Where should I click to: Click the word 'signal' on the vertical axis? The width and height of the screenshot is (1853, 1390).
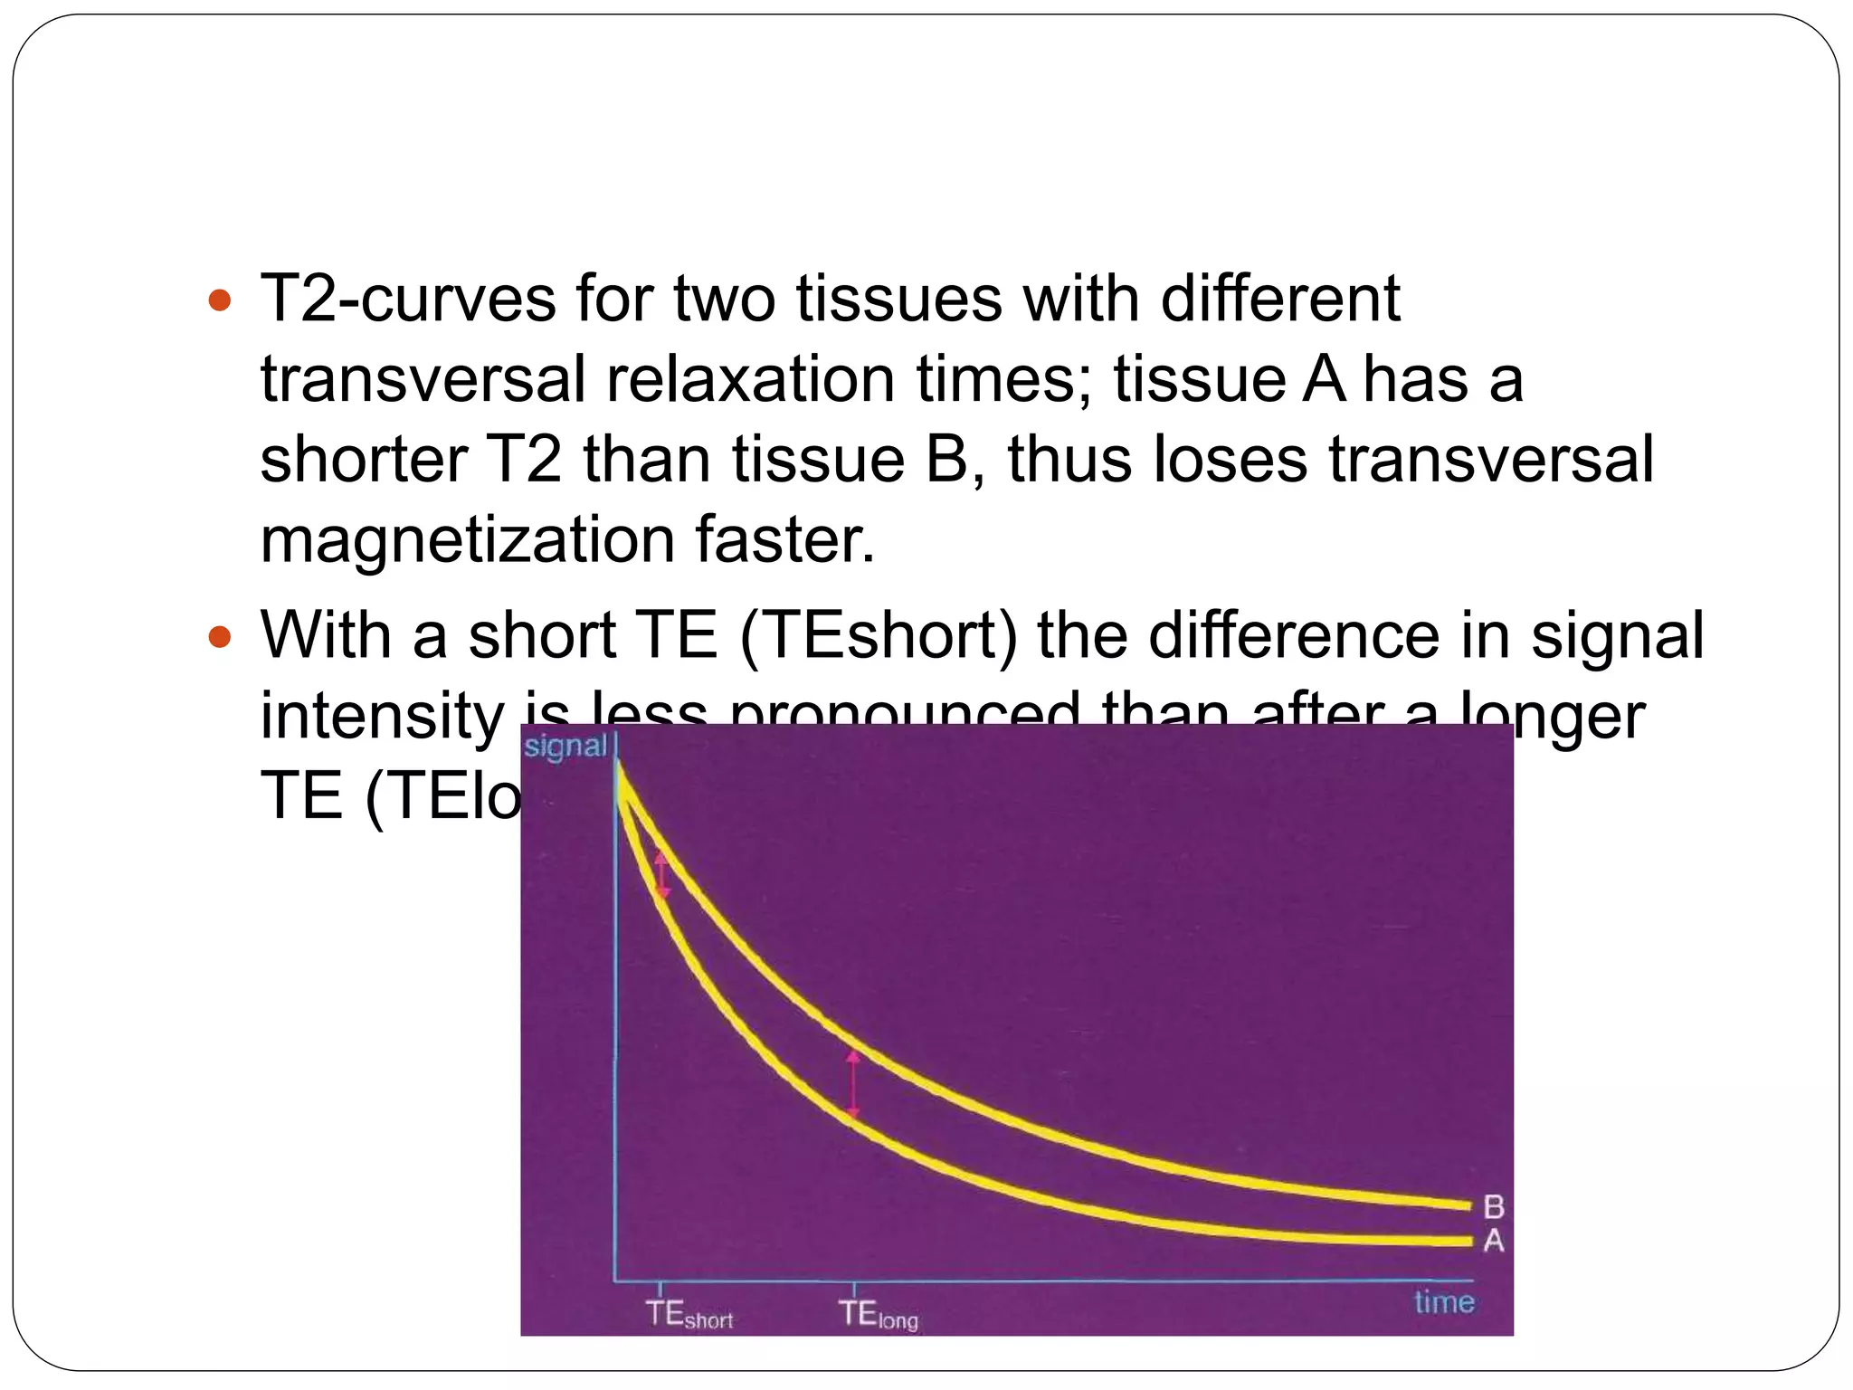[x=565, y=747]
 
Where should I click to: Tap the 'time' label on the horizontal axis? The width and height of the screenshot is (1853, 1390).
[x=1444, y=1302]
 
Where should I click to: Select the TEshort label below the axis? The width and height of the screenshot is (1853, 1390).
[x=689, y=1315]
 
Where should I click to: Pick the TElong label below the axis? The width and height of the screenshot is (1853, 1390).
[x=878, y=1315]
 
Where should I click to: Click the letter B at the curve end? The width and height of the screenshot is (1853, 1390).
[x=1494, y=1207]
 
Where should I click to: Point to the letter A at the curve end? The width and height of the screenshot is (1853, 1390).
[x=1494, y=1241]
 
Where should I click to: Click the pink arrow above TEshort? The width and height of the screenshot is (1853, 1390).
[x=662, y=874]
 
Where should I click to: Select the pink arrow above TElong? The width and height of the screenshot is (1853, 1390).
[x=853, y=1084]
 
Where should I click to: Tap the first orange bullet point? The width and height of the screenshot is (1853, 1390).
[x=220, y=300]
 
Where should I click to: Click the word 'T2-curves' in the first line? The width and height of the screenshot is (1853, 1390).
[x=408, y=299]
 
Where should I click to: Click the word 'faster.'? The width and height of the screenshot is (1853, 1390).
[x=785, y=539]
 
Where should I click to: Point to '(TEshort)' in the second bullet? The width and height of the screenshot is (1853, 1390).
[x=879, y=635]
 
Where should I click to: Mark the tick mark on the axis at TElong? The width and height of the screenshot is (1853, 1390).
[x=854, y=1287]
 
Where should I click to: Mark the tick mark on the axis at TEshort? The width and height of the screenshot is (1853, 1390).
[x=660, y=1287]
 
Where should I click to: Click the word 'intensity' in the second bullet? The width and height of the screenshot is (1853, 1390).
[x=382, y=715]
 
